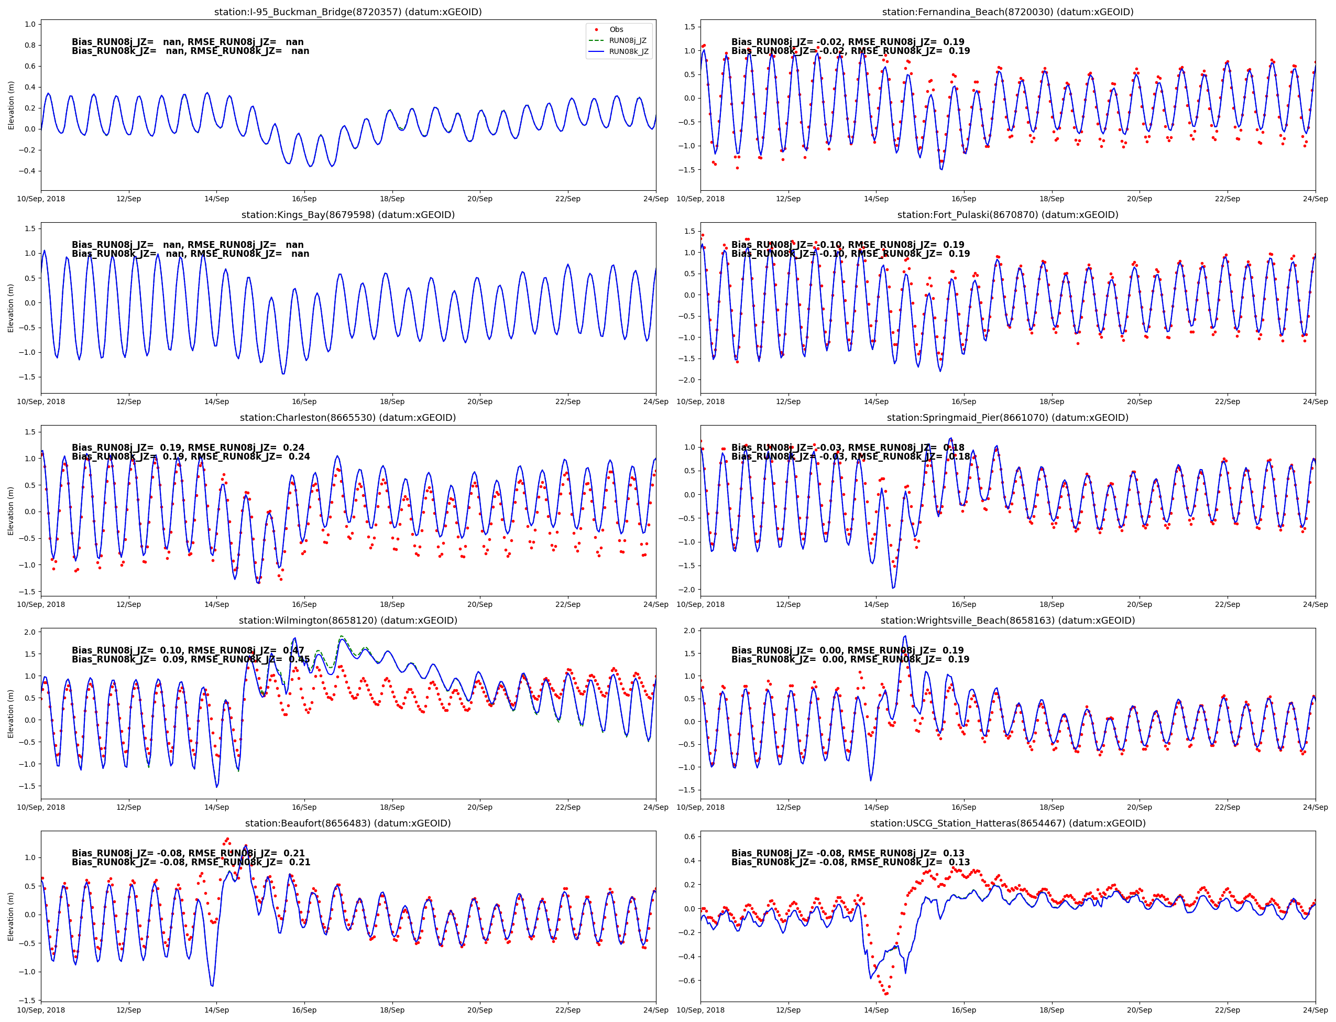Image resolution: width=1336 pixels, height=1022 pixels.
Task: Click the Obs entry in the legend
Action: pos(616,30)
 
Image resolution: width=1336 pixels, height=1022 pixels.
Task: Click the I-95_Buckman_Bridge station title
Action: pos(348,12)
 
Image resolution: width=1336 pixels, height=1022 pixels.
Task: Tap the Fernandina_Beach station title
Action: pos(1007,12)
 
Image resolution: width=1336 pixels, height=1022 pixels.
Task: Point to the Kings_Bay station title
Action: pos(348,215)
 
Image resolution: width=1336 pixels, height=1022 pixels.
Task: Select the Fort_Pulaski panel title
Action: pos(1007,215)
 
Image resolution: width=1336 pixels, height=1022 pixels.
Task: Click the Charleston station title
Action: pos(348,418)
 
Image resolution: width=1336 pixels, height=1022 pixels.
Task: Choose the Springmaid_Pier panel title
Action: pos(1007,418)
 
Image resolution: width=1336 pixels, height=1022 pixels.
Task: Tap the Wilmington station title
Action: pos(348,621)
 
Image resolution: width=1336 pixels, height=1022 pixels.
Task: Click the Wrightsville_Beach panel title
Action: pos(1007,621)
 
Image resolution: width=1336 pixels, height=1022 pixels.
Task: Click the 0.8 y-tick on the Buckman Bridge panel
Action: pos(30,45)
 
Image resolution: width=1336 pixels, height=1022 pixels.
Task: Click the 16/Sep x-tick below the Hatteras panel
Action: pos(963,1010)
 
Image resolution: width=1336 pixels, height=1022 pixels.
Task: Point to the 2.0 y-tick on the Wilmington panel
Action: pos(30,632)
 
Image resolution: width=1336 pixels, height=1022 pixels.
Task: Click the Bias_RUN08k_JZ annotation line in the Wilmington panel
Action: pos(190,659)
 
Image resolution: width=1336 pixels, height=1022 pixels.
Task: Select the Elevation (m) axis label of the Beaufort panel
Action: pos(11,917)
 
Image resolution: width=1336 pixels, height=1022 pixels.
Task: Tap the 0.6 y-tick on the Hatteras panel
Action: pos(689,836)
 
